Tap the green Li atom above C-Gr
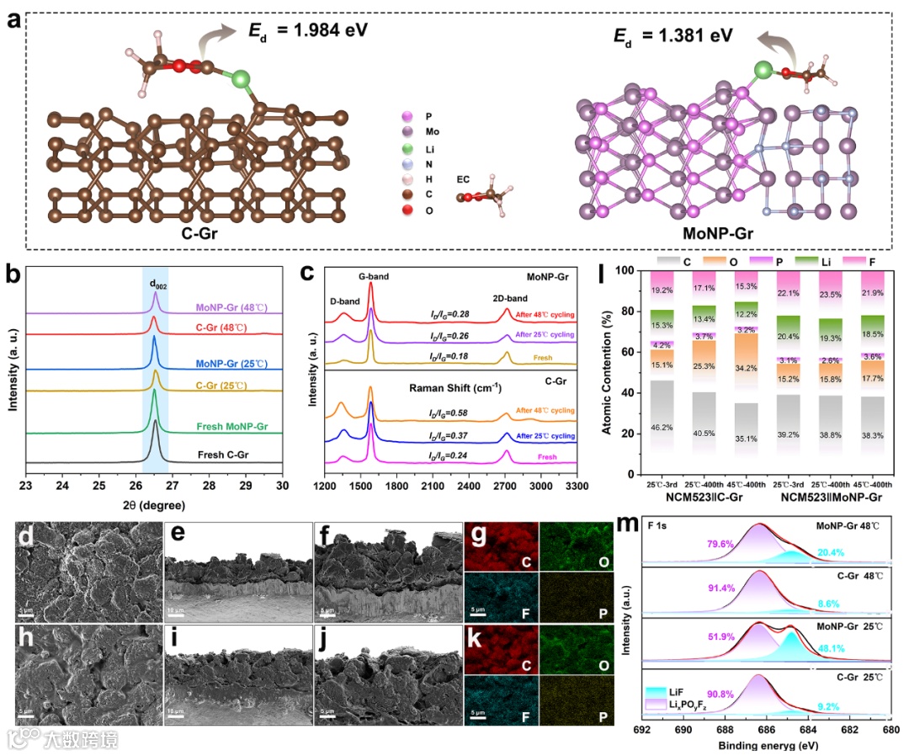point(241,81)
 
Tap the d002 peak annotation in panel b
point(157,284)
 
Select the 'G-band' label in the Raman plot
point(375,276)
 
